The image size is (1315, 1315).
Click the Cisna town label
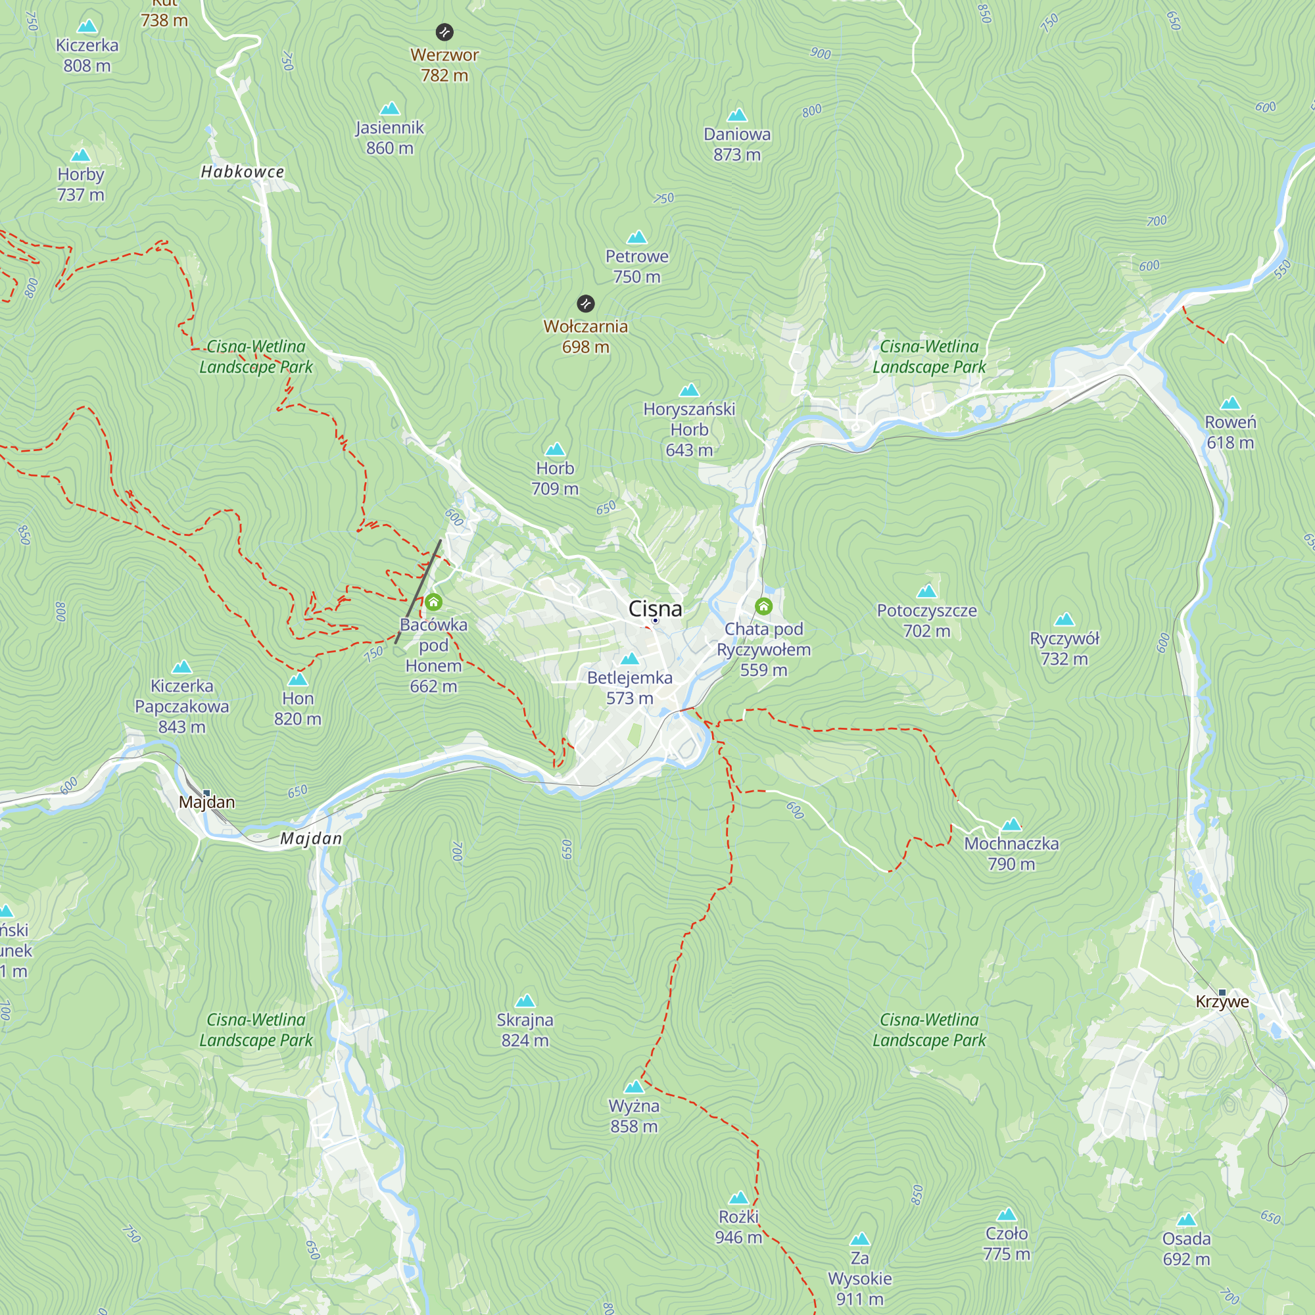[655, 608]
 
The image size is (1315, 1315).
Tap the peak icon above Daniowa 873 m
[736, 115]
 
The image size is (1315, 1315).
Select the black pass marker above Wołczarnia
[585, 304]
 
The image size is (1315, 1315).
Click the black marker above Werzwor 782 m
[444, 32]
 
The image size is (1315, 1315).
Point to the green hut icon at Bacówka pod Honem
[433, 602]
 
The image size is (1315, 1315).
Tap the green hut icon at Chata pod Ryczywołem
[763, 606]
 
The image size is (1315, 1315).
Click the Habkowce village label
[243, 172]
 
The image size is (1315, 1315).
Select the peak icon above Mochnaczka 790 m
[1011, 825]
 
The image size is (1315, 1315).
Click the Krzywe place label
[1222, 1001]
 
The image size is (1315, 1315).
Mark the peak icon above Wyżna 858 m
[634, 1086]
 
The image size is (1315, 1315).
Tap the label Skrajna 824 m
[525, 1030]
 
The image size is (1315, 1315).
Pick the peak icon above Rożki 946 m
[738, 1197]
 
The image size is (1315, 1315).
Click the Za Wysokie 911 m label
[859, 1278]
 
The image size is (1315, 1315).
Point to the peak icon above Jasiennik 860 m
[389, 108]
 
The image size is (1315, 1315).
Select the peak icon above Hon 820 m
[297, 679]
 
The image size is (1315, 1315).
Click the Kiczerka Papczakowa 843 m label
[181, 705]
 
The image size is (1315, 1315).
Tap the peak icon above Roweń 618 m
[1230, 403]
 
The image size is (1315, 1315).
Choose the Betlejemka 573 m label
[630, 688]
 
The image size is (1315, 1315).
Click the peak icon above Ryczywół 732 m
[1064, 619]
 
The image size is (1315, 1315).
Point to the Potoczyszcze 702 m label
[926, 620]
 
